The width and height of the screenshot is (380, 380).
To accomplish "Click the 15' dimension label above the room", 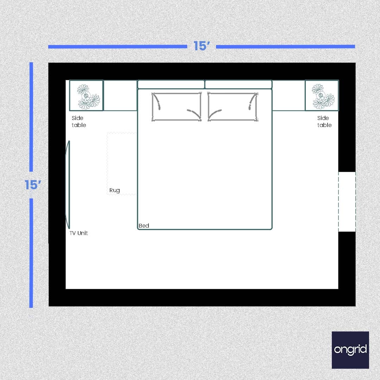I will tap(202, 46).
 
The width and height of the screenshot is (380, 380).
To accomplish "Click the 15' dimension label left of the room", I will tap(33, 185).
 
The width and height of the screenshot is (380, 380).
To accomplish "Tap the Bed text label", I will tap(144, 226).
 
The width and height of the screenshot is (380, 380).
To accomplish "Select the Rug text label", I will tap(115, 190).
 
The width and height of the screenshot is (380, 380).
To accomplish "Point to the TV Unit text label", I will tap(78, 233).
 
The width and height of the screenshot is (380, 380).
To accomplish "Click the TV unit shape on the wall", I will tap(68, 185).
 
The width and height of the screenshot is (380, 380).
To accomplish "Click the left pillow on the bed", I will tap(176, 107).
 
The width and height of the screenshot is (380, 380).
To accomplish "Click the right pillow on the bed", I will tap(233, 107).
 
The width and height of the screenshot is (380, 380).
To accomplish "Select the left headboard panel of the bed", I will tap(171, 84).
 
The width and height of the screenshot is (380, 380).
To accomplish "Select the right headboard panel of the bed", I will tap(239, 84).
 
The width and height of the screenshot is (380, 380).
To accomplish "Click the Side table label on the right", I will tap(324, 121).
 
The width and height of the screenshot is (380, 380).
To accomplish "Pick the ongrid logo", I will tap(350, 350).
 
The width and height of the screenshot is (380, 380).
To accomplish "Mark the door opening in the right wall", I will tap(347, 202).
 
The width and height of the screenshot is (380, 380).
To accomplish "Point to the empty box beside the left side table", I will tap(120, 96).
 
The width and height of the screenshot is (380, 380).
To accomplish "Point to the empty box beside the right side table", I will tap(289, 96).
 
